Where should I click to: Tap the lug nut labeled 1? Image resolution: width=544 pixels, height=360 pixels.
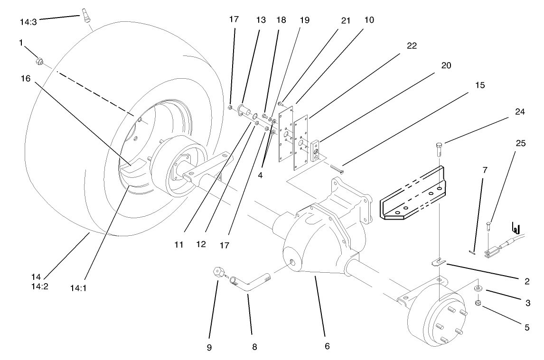pyautogui.click(x=40, y=61)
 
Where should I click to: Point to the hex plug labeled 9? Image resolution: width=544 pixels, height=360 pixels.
pyautogui.click(x=219, y=273)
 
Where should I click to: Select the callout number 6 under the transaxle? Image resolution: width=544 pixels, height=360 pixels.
pyautogui.click(x=327, y=347)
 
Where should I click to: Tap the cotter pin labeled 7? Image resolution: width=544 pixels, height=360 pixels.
pyautogui.click(x=471, y=251)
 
